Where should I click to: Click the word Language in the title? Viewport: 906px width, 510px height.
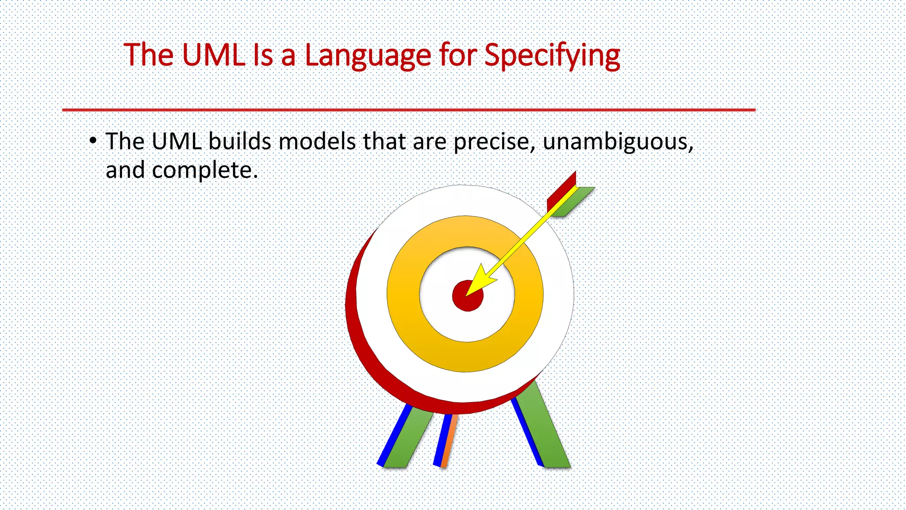(x=368, y=56)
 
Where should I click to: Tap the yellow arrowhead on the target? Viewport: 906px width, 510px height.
(x=480, y=281)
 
